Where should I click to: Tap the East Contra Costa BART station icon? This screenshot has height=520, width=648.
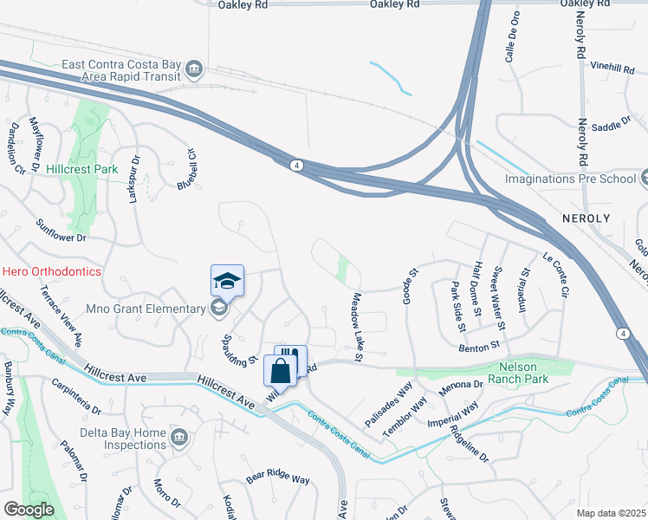(x=195, y=67)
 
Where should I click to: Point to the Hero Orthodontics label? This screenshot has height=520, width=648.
(x=51, y=271)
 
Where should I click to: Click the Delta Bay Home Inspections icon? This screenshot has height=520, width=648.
(x=179, y=435)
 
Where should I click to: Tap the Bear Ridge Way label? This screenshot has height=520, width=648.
(x=277, y=478)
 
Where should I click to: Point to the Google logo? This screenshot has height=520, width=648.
(x=29, y=510)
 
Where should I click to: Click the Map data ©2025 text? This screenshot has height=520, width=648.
(x=611, y=513)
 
